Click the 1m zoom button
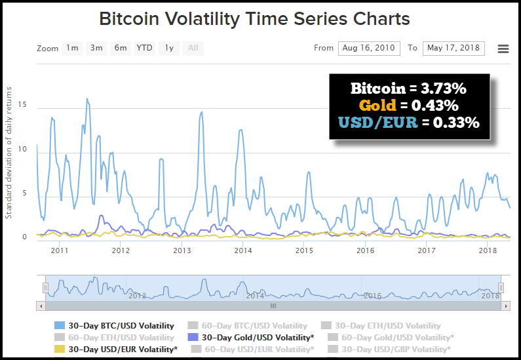pyautogui.click(x=72, y=48)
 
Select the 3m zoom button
pyautogui.click(x=96, y=48)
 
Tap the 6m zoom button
pyautogui.click(x=120, y=48)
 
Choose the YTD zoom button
pyautogui.click(x=145, y=48)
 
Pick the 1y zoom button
pyautogui.click(x=169, y=48)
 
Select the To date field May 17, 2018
pyautogui.click(x=453, y=48)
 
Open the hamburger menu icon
pyautogui.click(x=503, y=49)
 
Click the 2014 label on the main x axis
pyautogui.click(x=243, y=250)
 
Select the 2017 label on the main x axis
pyautogui.click(x=427, y=250)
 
